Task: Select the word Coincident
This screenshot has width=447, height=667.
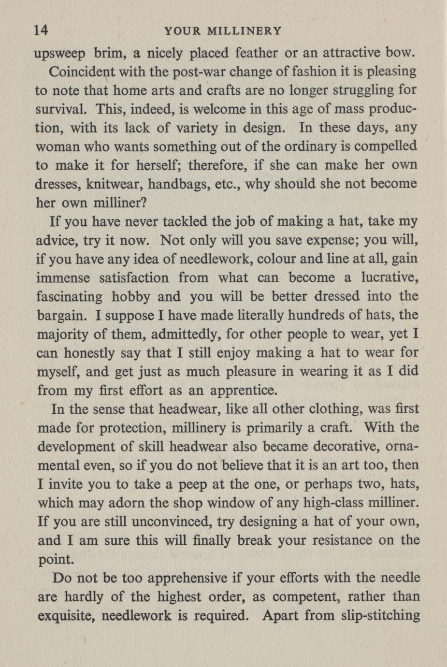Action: click(82, 72)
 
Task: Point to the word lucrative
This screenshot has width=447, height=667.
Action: click(389, 278)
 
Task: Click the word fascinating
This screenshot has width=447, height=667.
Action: click(69, 297)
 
